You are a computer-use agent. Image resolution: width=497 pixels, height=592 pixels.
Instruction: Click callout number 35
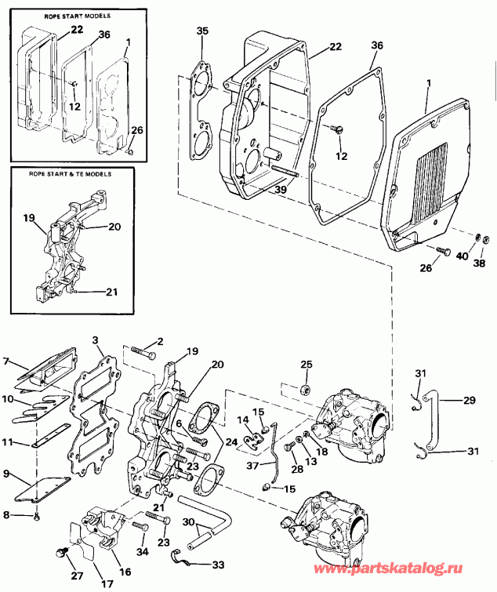[203, 31]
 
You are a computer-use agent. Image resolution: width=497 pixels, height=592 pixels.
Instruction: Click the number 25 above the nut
[307, 365]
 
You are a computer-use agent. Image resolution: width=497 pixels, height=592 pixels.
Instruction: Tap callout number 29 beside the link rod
[469, 401]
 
